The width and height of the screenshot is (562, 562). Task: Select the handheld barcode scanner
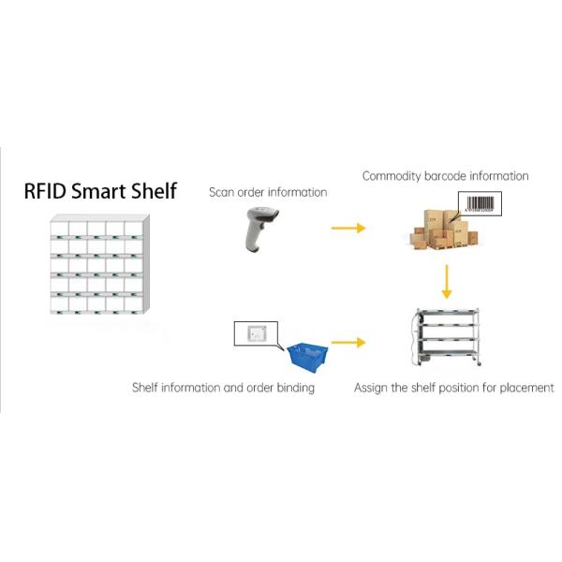coord(257,229)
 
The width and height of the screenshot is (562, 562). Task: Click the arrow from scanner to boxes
coord(348,228)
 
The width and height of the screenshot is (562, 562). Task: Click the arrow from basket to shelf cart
coord(348,343)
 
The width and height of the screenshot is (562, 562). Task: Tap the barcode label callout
coord(479,203)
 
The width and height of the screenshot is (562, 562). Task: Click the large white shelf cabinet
coord(97,267)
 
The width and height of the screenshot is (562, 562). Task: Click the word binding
coord(294,387)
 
